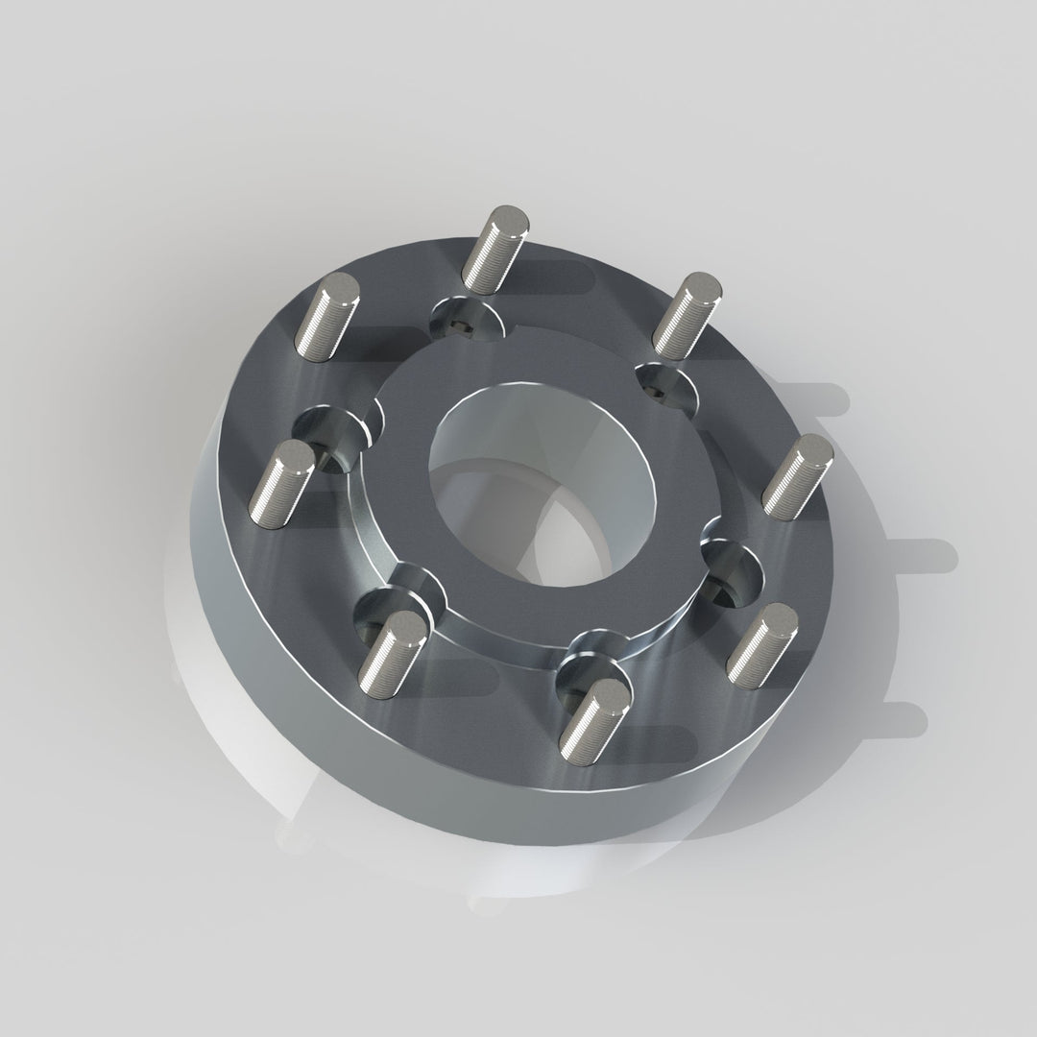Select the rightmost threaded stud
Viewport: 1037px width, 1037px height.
click(x=796, y=476)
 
